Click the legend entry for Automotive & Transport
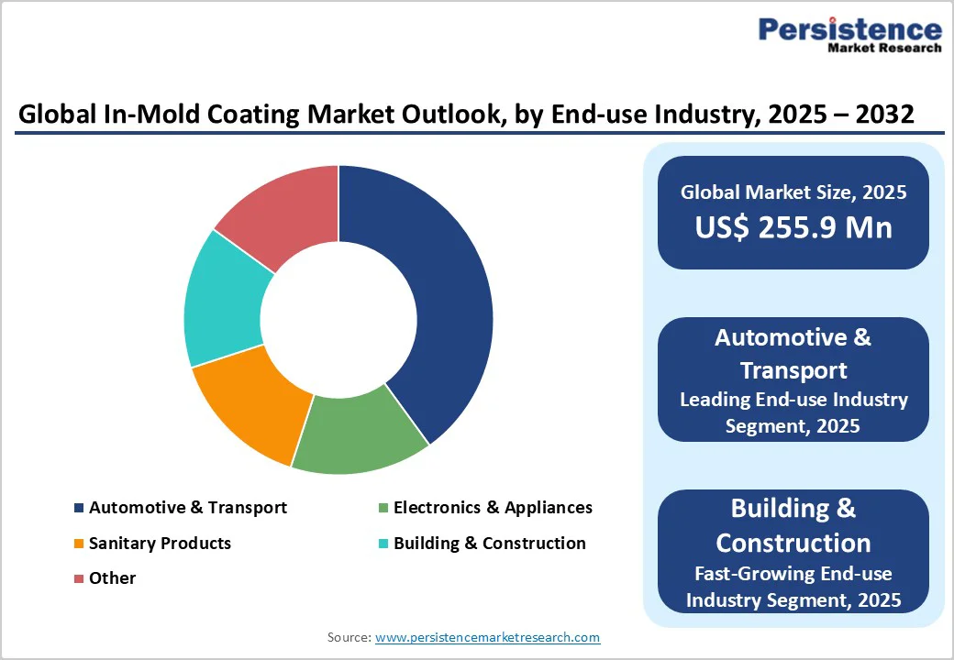187,508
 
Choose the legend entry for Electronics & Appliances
493,508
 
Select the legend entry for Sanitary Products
160,544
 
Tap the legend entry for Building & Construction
489,544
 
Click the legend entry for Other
112,578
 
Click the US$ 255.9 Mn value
793,227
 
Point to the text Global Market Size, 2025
793,192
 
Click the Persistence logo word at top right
849,29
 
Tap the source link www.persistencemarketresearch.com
487,637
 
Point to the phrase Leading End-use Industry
793,400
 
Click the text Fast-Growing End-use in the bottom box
793,574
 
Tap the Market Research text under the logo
884,48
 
